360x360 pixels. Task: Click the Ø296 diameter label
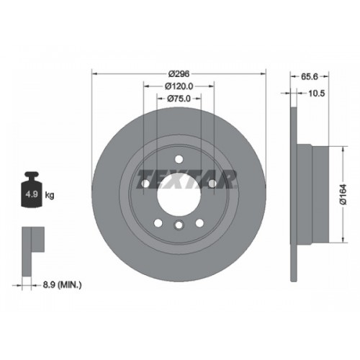tap(179, 74)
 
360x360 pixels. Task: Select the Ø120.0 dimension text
tap(179, 86)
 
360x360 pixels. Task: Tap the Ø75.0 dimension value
tap(179, 99)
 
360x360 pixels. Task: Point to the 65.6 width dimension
tap(310, 76)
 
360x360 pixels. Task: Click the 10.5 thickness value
tap(316, 94)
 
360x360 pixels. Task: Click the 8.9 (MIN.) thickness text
tap(63, 285)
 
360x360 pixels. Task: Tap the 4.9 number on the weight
tap(32, 194)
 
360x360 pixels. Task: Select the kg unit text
tap(50, 195)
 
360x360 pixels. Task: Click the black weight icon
tap(32, 189)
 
